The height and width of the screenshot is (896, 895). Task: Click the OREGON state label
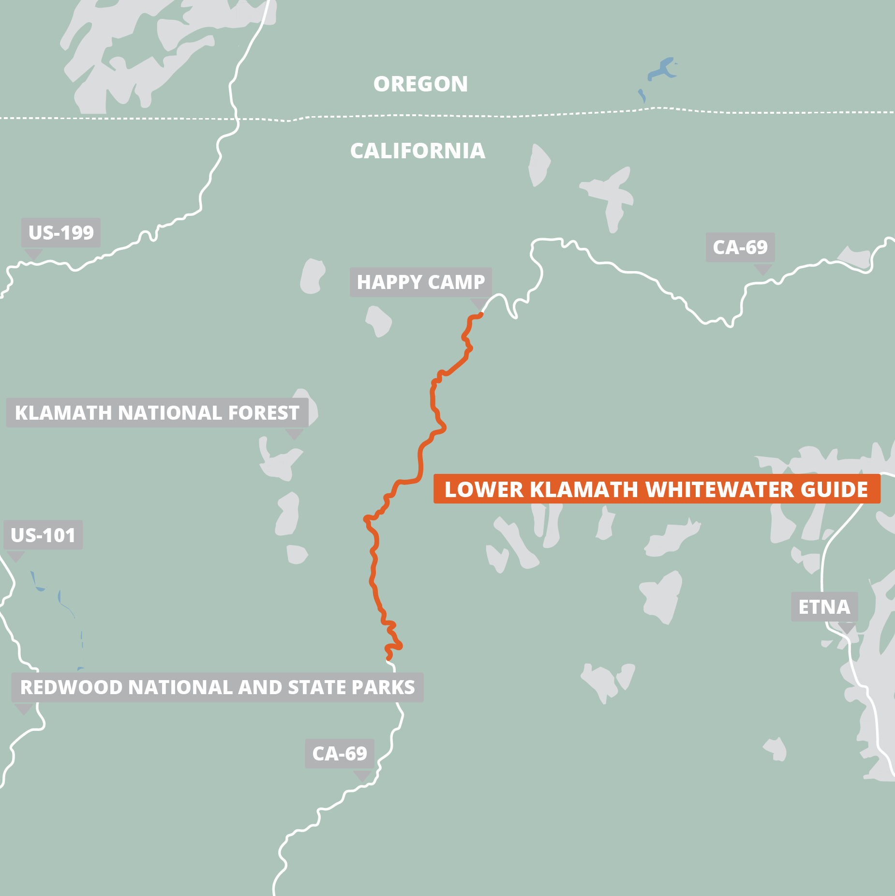[420, 84]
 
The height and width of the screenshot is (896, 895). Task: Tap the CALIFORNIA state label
[418, 151]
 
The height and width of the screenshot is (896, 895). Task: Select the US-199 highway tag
[61, 233]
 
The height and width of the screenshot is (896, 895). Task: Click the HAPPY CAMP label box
[420, 282]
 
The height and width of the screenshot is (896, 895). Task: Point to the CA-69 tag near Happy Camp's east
[740, 247]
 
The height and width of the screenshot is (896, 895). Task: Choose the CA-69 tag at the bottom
[339, 754]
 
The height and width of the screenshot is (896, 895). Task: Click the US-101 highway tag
[43, 535]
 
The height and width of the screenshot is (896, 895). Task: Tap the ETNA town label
[824, 607]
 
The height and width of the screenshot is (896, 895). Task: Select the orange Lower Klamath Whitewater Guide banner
[656, 489]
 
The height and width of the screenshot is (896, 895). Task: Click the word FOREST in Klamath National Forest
[264, 413]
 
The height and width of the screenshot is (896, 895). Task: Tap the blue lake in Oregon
[662, 69]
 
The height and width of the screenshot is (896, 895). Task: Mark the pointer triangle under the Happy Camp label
[478, 304]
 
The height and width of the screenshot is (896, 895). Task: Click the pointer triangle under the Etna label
[847, 628]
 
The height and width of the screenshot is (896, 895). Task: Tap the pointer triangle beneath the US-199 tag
[33, 254]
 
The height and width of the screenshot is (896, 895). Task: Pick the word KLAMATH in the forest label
[63, 413]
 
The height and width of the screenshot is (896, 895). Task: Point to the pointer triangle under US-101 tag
[16, 556]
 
